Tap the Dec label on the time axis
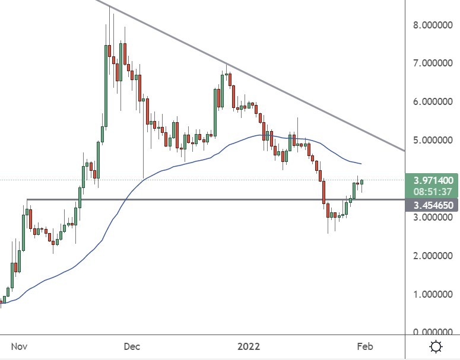click(132, 346)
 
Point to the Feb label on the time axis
click(364, 346)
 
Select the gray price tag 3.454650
click(432, 205)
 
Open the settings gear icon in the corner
click(436, 346)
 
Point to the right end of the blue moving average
click(361, 164)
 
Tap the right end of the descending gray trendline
click(404, 151)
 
